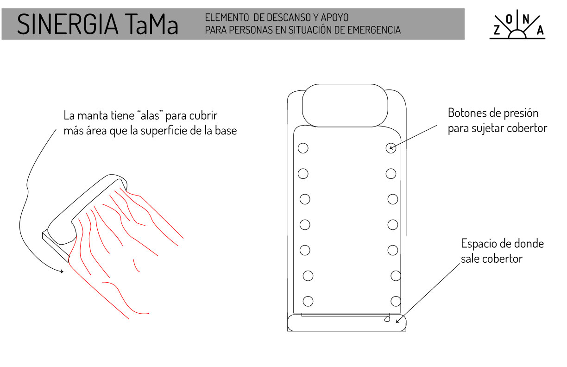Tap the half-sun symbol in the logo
(x=517, y=33)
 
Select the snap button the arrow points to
(x=391, y=148)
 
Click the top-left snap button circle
(x=303, y=148)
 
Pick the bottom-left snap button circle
(x=308, y=301)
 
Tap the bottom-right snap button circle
(x=396, y=301)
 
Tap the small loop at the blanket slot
(x=387, y=319)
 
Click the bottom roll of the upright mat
(x=347, y=323)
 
